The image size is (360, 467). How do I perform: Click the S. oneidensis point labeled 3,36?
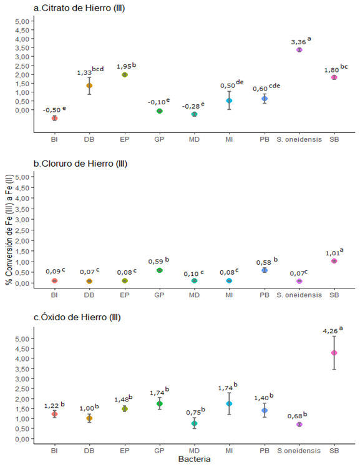coord(299,49)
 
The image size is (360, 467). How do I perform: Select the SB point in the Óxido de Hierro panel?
coord(334,353)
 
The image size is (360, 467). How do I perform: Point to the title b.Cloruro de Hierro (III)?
coord(80,164)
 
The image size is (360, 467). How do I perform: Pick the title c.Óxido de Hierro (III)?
coord(77,317)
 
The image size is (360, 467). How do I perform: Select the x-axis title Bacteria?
coord(193,460)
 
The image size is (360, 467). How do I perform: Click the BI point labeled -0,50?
coord(54,118)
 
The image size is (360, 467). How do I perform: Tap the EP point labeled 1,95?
coord(125,74)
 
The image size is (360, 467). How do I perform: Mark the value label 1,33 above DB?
coord(85,73)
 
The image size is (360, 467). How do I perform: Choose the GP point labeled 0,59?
coord(159,270)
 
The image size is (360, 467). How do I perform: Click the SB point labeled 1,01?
coord(334,261)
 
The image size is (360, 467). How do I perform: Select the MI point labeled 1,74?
coord(229,404)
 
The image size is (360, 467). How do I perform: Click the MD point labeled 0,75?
coord(194,423)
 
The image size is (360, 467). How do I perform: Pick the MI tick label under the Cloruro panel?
coord(229,295)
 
